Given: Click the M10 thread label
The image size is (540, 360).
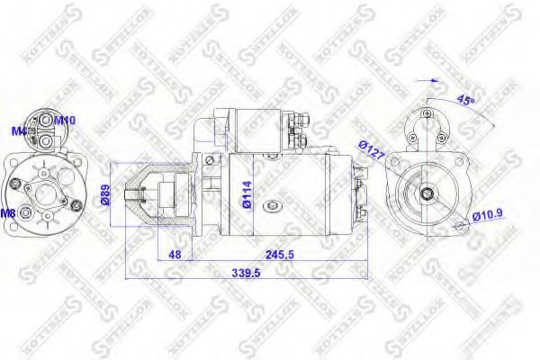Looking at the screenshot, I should click(65, 119).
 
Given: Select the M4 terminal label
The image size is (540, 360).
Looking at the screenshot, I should click(17, 131).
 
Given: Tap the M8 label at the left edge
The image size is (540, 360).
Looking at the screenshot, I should click(7, 213).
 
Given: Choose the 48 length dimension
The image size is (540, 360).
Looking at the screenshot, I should click(175, 255).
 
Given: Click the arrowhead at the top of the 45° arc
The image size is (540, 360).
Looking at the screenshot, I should click(437, 79).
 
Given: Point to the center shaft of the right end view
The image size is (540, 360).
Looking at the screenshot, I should click(426, 193).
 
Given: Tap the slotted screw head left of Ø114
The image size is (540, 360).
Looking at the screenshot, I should click(210, 160).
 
